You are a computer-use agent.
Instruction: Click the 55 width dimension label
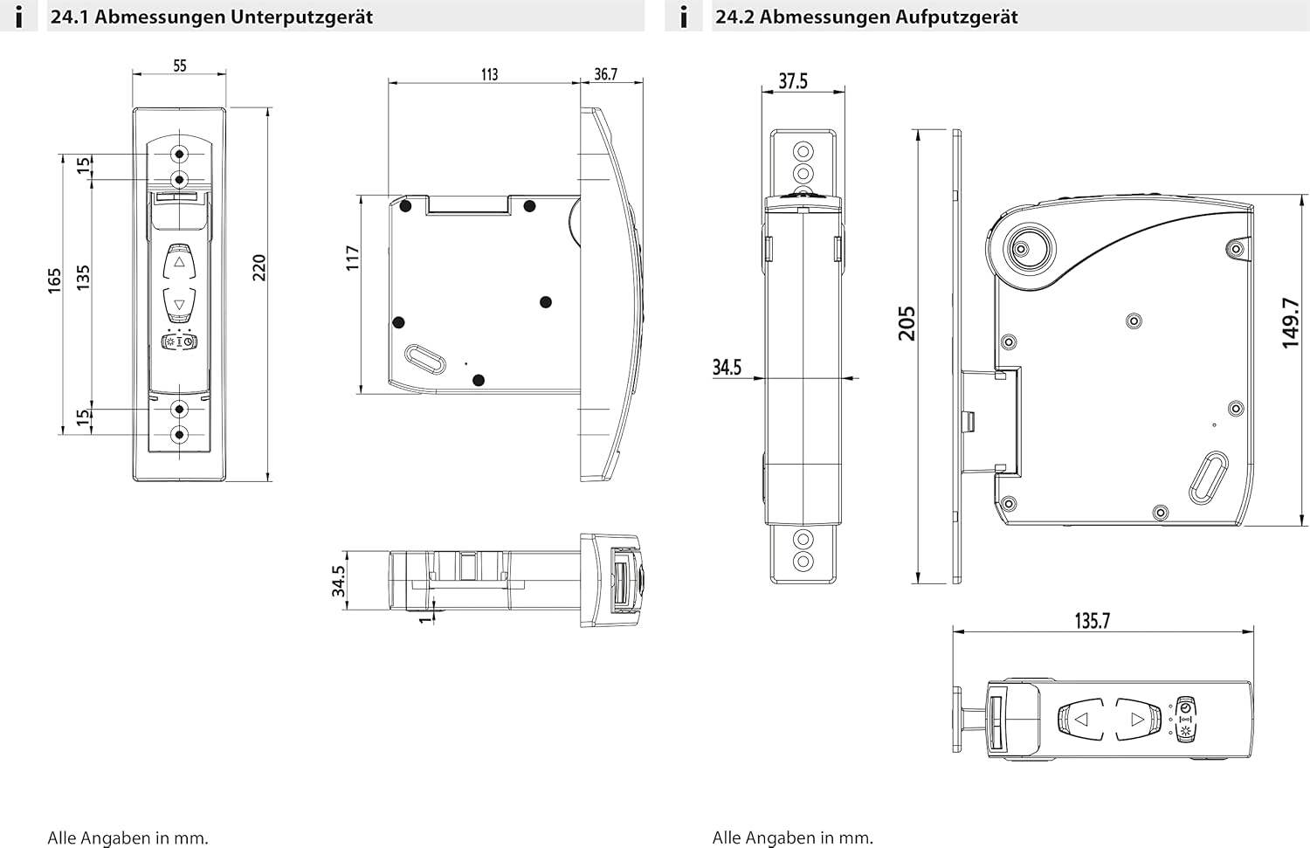[x=179, y=65]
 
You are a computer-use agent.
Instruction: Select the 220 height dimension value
[x=259, y=267]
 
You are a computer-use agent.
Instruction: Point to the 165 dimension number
[x=55, y=280]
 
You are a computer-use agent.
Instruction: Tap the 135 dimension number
[x=83, y=278]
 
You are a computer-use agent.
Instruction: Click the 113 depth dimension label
[x=489, y=75]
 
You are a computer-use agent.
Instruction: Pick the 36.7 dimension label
[x=605, y=75]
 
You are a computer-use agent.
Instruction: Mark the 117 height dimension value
[x=353, y=258]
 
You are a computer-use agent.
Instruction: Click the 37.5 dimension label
[x=793, y=81]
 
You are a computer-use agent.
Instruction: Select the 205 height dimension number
[x=907, y=323]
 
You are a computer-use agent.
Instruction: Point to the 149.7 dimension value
[x=1291, y=323]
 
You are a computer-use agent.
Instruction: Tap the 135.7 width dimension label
[x=1092, y=621]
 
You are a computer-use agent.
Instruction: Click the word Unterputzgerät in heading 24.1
[x=298, y=17]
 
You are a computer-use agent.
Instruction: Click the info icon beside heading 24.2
[x=684, y=17]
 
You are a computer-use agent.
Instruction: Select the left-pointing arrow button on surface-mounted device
[x=1082, y=720]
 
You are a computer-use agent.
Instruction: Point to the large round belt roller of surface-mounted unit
[x=1021, y=251]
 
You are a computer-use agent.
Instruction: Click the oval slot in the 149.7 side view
[x=1209, y=477]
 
